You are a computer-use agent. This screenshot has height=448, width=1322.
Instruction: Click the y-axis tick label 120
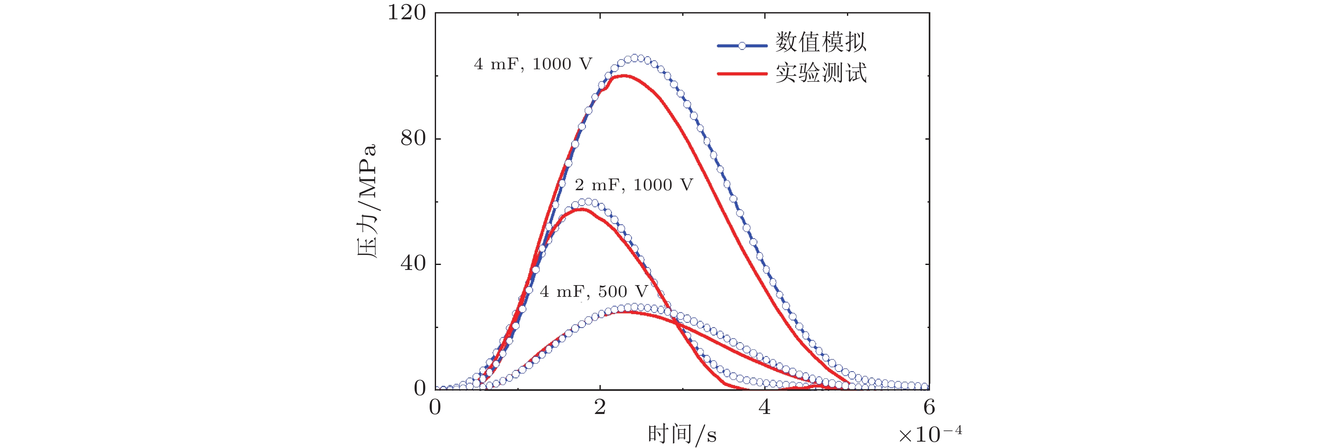tap(406, 13)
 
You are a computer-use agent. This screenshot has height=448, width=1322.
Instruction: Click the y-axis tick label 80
tap(413, 138)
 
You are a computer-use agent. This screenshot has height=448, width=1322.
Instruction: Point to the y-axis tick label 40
tap(413, 264)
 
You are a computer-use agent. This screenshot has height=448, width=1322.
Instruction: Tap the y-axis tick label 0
tap(420, 388)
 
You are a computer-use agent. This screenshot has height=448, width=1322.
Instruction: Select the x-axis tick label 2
tap(600, 407)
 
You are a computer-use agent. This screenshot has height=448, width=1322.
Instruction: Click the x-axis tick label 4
tap(765, 407)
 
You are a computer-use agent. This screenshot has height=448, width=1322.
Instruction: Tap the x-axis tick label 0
tap(435, 407)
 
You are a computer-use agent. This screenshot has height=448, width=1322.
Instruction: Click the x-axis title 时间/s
tap(682, 435)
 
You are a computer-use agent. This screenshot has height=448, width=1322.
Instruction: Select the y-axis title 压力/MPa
tap(368, 200)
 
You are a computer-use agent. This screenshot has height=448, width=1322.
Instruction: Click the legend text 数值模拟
tap(820, 42)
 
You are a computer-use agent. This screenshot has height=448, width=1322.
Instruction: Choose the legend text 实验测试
tap(820, 73)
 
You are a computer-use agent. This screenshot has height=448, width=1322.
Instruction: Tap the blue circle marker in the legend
tap(742, 46)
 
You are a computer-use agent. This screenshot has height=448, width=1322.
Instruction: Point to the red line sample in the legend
tap(742, 74)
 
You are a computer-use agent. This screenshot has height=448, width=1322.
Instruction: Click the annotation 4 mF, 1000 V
tap(533, 64)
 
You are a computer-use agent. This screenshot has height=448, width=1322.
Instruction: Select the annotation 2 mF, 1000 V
tap(634, 185)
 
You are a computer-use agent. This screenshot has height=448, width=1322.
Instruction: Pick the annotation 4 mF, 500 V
tap(594, 291)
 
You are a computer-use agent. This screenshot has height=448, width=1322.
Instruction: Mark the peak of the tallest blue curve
tap(634, 58)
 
